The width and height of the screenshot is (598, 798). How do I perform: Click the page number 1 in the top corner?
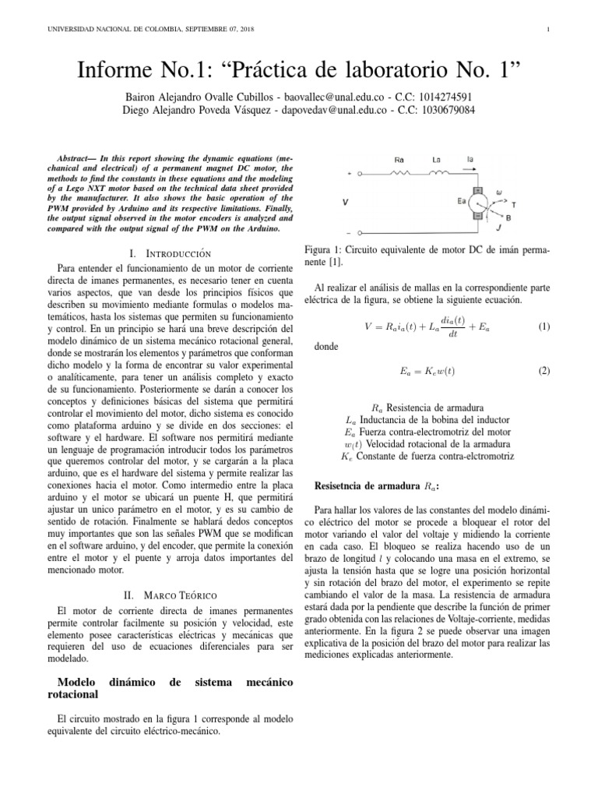pyautogui.click(x=550, y=30)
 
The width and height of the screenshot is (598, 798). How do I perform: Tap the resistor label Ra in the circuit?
pyautogui.click(x=399, y=160)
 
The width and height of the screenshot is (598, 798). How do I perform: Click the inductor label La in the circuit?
pyautogui.click(x=437, y=160)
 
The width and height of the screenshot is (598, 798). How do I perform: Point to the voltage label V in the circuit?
pyautogui.click(x=345, y=203)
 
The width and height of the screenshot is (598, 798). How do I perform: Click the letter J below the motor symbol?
pyautogui.click(x=498, y=229)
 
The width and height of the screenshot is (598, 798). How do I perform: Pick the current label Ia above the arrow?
pyautogui.click(x=470, y=160)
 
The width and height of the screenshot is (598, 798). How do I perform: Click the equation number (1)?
pyautogui.click(x=544, y=327)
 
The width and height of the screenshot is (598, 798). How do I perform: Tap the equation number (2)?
pyautogui.click(x=544, y=371)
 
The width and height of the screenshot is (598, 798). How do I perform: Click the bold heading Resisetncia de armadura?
pyautogui.click(x=371, y=485)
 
